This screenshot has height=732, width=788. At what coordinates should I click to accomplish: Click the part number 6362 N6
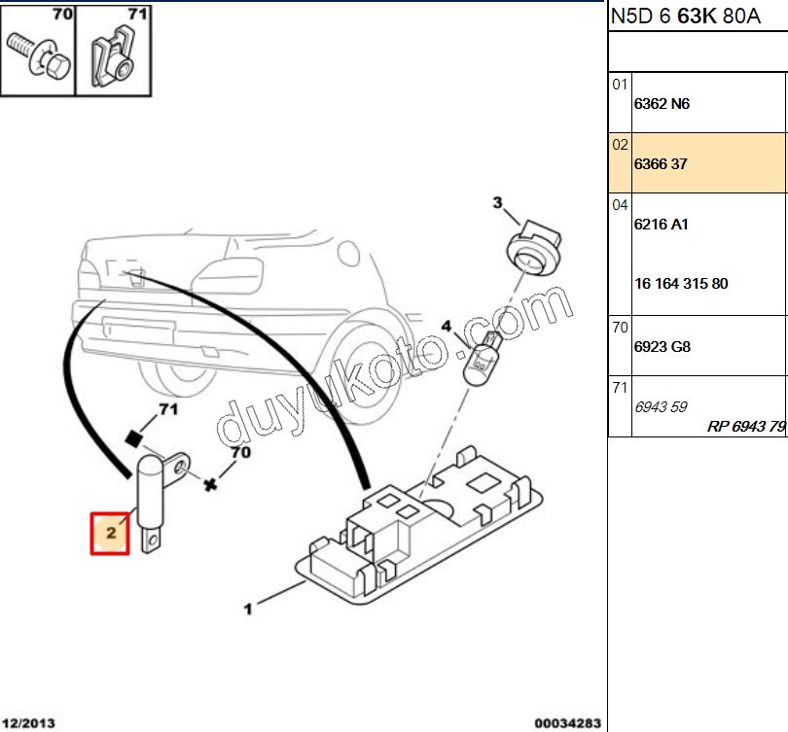pos(662,104)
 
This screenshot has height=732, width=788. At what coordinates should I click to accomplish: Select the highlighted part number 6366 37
pos(661,164)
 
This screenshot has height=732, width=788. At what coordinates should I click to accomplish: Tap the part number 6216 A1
pos(661,225)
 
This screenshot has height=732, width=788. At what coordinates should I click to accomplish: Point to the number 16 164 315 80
pos(681,285)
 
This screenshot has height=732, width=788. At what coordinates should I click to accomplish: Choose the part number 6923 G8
pos(662,347)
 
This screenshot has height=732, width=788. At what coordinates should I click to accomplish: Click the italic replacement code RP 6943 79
pos(745,427)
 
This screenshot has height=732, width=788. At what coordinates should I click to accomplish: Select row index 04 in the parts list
pos(620,205)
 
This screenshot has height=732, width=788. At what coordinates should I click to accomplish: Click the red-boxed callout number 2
pos(111,533)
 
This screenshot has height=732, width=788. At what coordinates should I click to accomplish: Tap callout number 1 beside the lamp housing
pos(249,610)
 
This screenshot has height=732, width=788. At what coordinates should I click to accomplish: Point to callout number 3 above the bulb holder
pos(497,203)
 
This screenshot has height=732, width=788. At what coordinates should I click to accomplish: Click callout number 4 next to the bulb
pos(447,327)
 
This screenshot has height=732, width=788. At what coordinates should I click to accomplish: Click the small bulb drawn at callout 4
pos(482,359)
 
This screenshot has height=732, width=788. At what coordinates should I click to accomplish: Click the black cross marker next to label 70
pos(210,483)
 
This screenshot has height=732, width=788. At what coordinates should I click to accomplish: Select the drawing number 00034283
pos(567,722)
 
